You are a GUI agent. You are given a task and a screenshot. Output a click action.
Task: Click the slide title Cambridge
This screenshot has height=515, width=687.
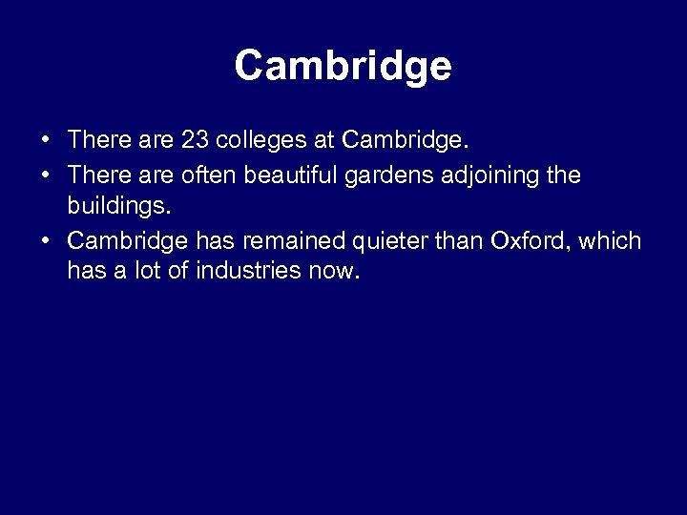[x=343, y=66]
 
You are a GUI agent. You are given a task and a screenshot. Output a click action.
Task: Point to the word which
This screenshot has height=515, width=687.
[x=612, y=239]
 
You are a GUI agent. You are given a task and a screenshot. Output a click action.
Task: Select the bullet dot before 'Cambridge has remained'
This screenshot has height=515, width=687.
[x=46, y=240]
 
